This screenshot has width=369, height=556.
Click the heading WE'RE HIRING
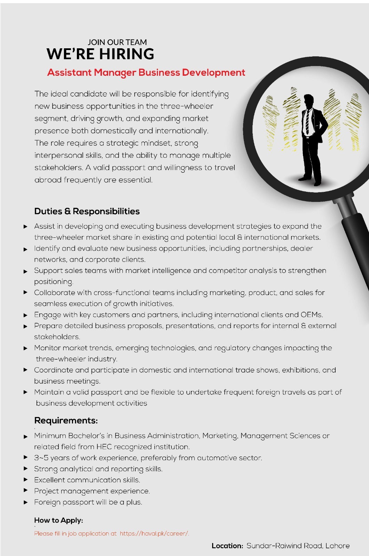pos(100,54)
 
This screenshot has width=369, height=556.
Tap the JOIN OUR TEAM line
pos(117,42)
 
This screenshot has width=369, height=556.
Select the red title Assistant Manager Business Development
pos(146,72)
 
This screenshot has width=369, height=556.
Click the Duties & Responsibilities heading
pos(87,211)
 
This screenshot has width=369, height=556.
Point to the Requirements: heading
pos(66,420)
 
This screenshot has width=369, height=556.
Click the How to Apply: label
pos(58,520)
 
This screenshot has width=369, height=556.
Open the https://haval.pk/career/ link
pos(154,533)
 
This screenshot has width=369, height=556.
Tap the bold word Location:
pos(227,546)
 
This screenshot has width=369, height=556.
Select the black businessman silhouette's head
pos(308,100)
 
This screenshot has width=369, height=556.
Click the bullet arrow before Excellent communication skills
pos(25,480)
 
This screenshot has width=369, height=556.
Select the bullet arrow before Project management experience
pos(25,491)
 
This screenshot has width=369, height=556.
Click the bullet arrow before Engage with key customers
pos(25,315)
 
